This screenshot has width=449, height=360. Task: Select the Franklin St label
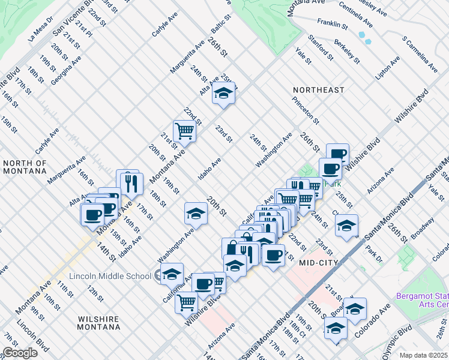click(333, 24)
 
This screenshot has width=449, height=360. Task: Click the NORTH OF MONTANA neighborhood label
click(25, 167)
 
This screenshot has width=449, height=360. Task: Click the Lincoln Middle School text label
click(110, 276)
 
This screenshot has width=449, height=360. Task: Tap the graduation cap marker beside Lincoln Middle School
click(172, 273)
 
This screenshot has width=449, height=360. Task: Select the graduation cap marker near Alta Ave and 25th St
click(223, 93)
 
